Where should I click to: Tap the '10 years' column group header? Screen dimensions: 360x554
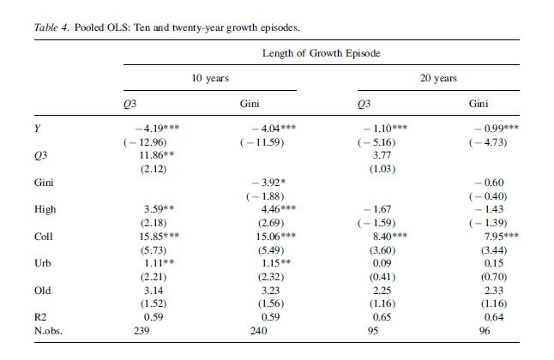point(209,78)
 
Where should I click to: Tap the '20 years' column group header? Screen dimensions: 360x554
point(437,78)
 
